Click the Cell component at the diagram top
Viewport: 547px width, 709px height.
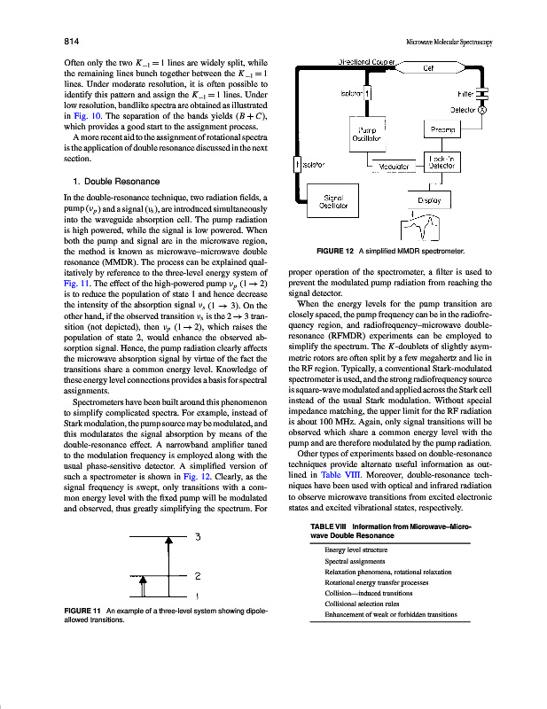[427, 67]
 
